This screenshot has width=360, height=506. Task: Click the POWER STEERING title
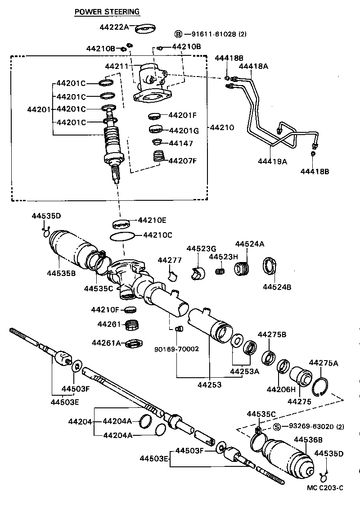coord(107,12)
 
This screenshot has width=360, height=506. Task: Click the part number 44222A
coord(114,27)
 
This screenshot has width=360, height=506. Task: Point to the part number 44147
coord(180,144)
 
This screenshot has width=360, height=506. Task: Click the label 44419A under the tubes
coord(272,161)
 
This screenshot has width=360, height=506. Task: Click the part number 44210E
coord(152,220)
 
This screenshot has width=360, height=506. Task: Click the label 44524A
coord(249,244)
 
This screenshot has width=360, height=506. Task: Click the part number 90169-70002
coord(176,349)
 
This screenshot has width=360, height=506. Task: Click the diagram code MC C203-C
coord(325,488)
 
